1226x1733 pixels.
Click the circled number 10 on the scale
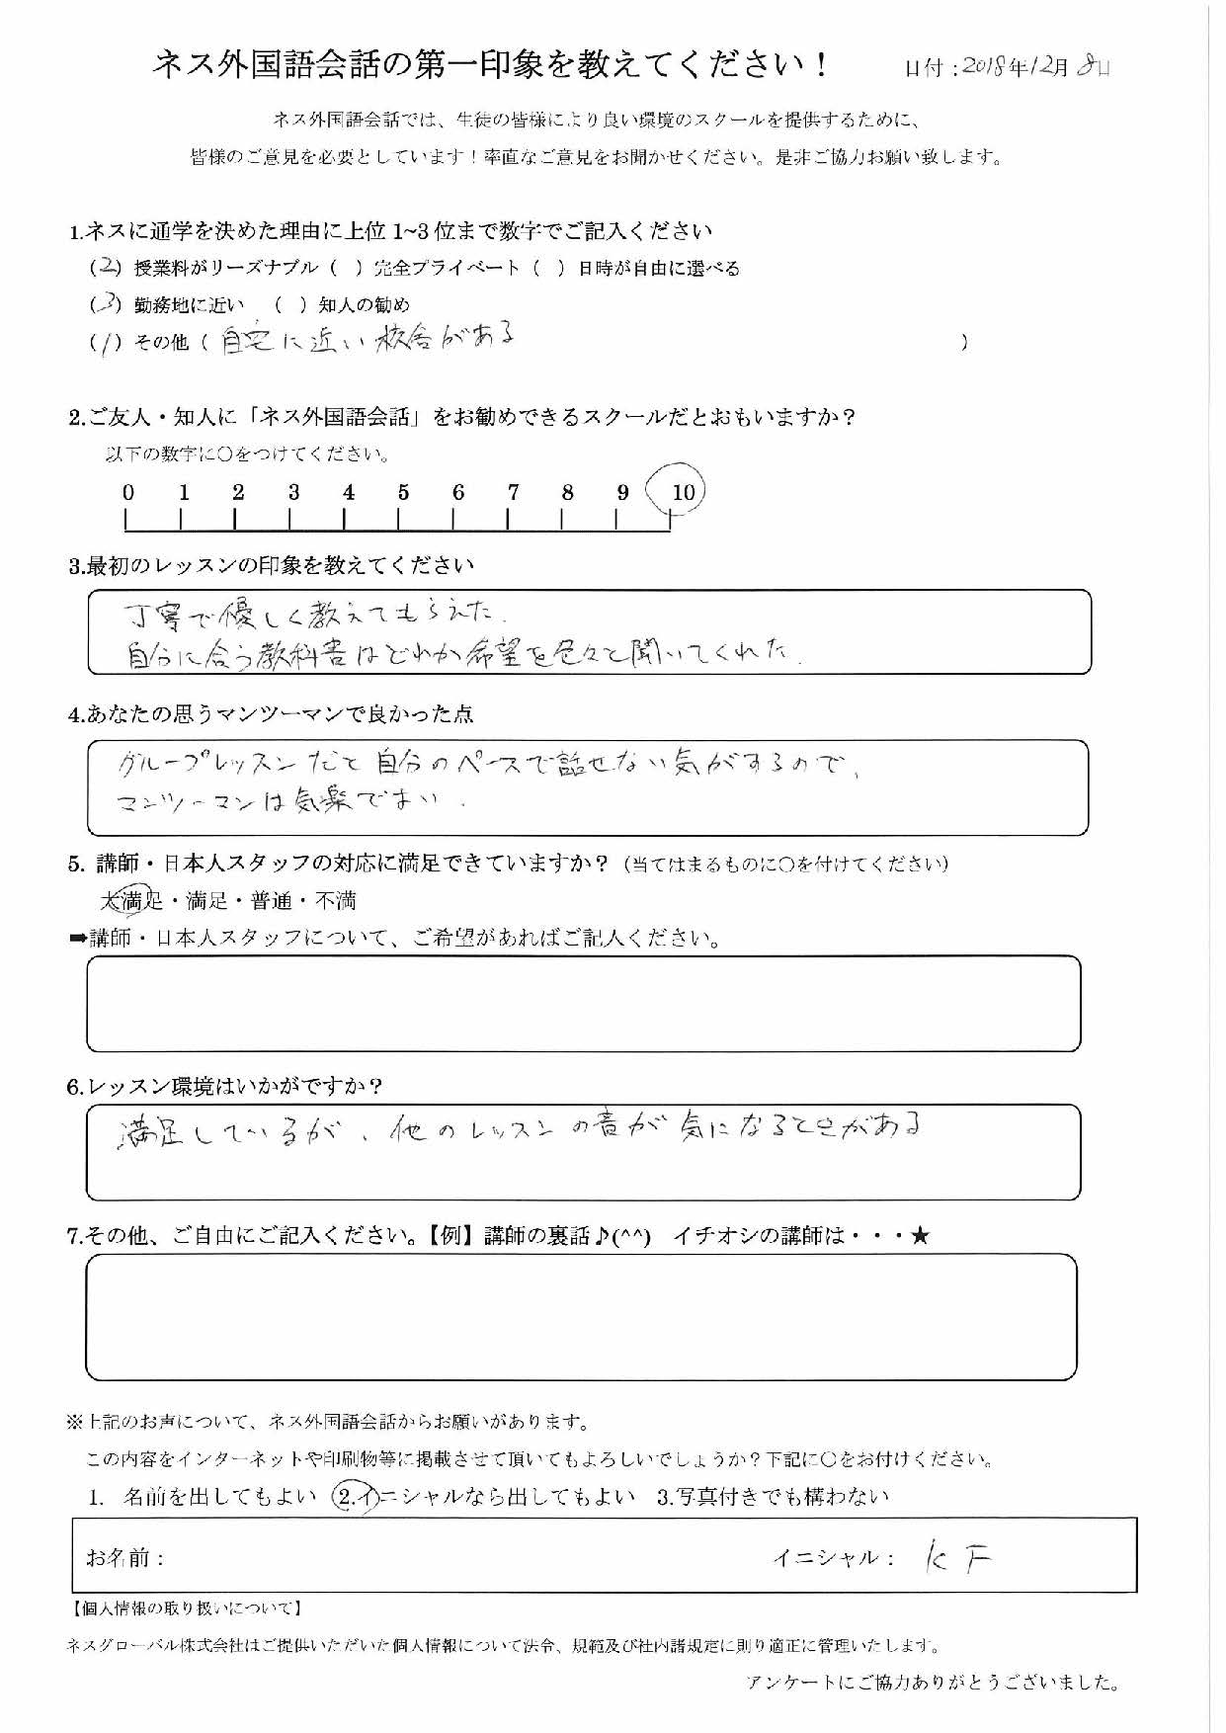[683, 492]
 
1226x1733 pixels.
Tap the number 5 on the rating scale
[403, 492]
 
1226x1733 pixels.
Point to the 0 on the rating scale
[128, 492]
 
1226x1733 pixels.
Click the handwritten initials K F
[954, 1558]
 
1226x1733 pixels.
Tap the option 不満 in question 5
[335, 901]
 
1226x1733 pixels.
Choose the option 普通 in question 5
[272, 901]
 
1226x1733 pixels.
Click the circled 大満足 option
[131, 900]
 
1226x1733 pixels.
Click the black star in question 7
[920, 1236]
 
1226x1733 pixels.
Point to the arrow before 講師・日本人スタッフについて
[78, 939]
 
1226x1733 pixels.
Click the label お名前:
[124, 1558]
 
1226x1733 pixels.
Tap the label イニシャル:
[834, 1558]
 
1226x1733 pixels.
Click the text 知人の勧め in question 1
[365, 305]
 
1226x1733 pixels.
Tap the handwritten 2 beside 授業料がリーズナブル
[109, 268]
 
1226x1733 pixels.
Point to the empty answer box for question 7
[581, 1317]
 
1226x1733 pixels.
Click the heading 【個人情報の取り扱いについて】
[186, 1609]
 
